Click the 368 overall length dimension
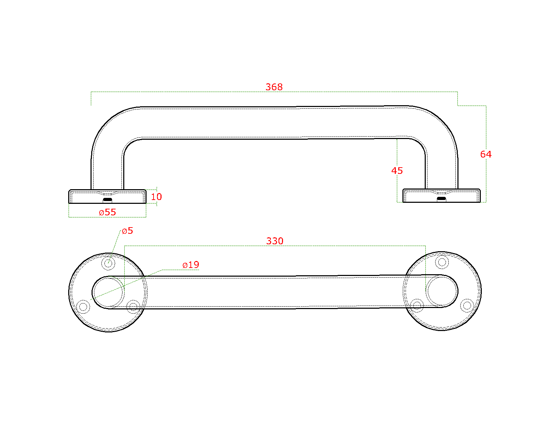coord(274,87)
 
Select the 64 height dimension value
coord(486,154)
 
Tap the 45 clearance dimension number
coord(397,171)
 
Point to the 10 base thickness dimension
coord(156,197)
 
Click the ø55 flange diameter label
coord(108,213)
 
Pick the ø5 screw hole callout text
coord(127,231)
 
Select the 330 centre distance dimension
coord(275,241)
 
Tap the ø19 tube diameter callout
coord(191,265)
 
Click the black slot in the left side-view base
coord(108,200)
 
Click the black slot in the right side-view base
coord(441,199)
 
